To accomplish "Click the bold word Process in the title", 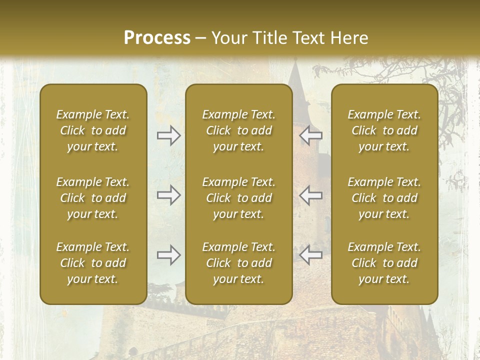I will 157,38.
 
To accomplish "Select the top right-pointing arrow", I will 169,135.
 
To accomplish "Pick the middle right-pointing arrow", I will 169,195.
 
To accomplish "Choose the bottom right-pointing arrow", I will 169,255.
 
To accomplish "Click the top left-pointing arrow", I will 310,135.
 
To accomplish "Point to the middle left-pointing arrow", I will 310,195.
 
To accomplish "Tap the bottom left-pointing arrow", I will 310,255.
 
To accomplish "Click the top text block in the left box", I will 93,130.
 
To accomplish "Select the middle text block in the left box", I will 93,198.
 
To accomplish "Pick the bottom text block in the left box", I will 93,263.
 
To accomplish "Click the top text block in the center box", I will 238,130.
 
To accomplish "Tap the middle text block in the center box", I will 238,198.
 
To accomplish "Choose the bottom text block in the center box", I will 238,263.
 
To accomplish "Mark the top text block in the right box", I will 384,130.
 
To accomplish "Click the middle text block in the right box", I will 384,198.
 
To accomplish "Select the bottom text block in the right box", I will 384,263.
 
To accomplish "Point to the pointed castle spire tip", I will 295,62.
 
